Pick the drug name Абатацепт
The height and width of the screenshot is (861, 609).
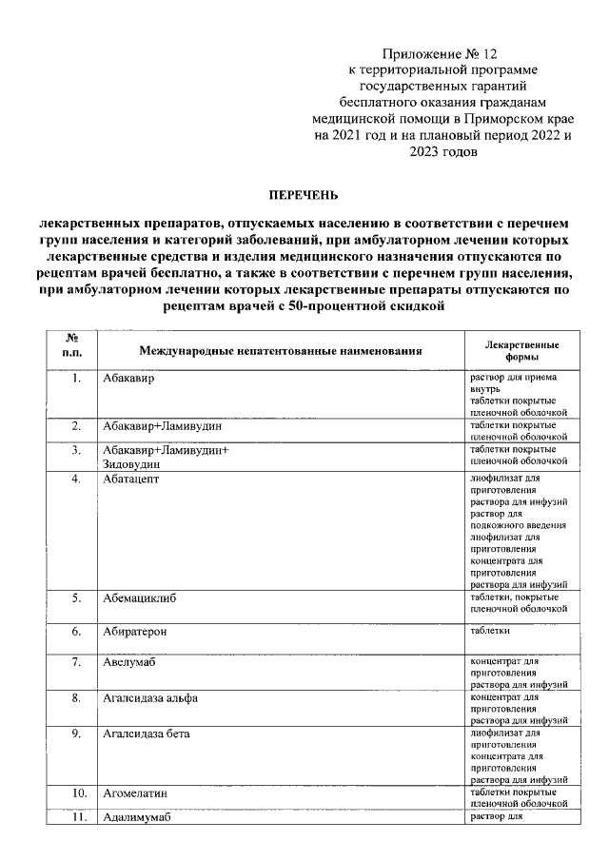132,479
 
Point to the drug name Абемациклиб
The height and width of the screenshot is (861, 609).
141,598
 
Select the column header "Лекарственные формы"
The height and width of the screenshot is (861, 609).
521,351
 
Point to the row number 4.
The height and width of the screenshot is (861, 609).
75,479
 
